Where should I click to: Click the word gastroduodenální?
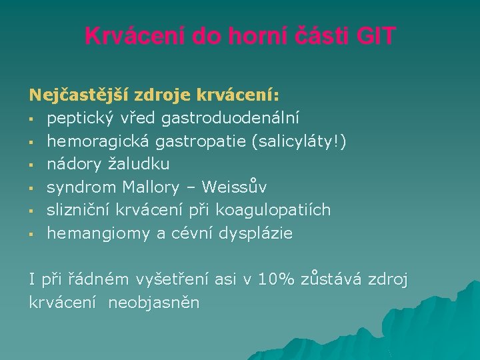[x=231, y=118]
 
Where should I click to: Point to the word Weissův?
[x=234, y=187]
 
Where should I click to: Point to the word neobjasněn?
[x=154, y=303]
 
